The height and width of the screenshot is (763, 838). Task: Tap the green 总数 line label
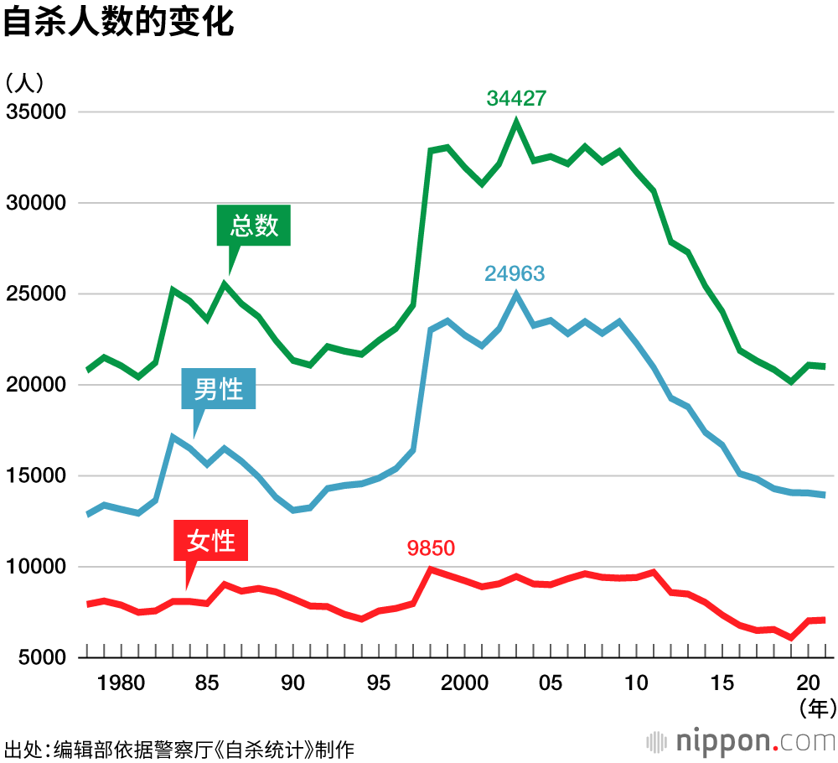(x=254, y=225)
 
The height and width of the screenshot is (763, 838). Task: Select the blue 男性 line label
(x=218, y=389)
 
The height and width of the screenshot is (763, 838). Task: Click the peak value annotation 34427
(x=516, y=98)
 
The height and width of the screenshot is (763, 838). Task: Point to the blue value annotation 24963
(x=515, y=273)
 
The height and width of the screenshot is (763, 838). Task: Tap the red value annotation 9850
(x=431, y=548)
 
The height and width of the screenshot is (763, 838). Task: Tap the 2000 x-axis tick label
(x=465, y=683)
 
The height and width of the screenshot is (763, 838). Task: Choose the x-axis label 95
(x=379, y=683)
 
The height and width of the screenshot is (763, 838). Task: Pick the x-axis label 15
(x=722, y=683)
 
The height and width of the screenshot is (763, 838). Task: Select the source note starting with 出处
(x=179, y=749)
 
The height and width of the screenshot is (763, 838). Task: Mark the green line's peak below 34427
(x=517, y=122)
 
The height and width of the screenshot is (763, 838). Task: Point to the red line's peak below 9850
(x=431, y=569)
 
